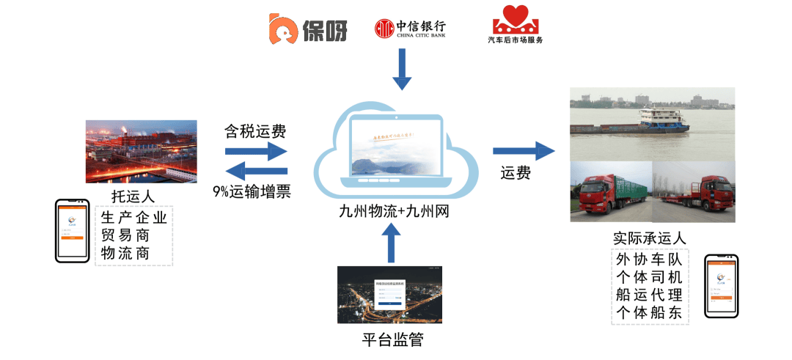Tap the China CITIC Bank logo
(x=409, y=28)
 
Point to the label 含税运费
(x=255, y=132)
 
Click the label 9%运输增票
(x=251, y=192)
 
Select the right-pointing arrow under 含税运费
(x=255, y=151)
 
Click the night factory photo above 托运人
(x=142, y=151)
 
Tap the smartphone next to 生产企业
(x=73, y=230)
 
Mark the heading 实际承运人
(x=649, y=239)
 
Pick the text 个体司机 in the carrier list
(x=649, y=278)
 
